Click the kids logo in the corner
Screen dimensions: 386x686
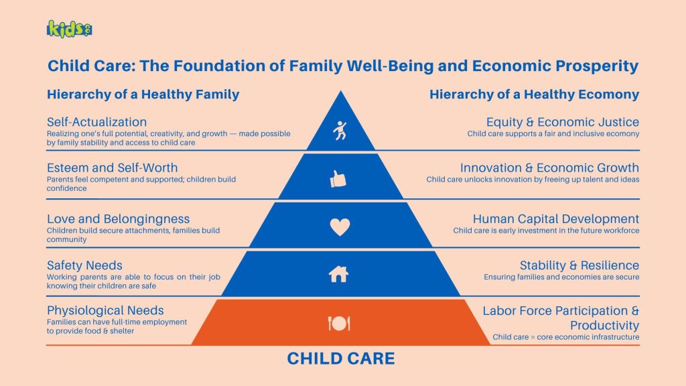click(70, 29)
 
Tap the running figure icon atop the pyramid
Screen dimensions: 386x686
click(340, 131)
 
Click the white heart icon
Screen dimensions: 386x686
click(340, 227)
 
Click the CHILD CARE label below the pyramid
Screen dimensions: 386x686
click(341, 359)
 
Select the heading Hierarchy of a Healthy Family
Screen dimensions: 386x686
click(143, 94)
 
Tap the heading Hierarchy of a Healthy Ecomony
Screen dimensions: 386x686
click(534, 94)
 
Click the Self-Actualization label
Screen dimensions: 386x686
click(96, 122)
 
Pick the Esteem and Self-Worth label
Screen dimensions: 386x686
click(112, 168)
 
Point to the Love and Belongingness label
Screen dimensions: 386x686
click(118, 219)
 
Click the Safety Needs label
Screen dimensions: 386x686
click(84, 265)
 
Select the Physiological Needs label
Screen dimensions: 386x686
click(105, 310)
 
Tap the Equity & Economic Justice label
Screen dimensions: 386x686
click(562, 122)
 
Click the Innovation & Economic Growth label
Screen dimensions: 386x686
click(549, 168)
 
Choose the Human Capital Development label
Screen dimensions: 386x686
click(555, 219)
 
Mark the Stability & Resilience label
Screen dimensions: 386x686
click(579, 265)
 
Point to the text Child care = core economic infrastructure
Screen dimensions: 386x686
click(565, 337)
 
